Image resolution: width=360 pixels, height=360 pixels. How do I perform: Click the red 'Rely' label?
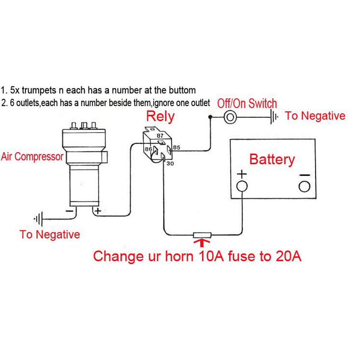click(160, 117)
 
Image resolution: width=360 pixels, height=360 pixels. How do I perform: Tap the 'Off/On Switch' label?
click(247, 104)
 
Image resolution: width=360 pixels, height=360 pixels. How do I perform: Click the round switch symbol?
click(229, 117)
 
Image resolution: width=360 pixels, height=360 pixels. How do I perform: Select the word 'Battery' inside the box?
click(272, 159)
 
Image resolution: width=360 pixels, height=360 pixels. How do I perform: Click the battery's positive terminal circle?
click(242, 186)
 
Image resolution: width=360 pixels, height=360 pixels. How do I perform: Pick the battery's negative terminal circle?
click(304, 186)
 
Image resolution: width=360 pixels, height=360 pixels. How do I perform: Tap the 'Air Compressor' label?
click(32, 157)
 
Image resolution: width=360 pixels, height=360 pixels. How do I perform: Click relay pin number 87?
click(160, 136)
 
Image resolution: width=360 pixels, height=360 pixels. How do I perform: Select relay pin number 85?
click(176, 148)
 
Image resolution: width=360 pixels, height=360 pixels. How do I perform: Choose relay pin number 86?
click(148, 149)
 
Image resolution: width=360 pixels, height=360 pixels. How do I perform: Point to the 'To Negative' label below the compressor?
click(50, 235)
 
